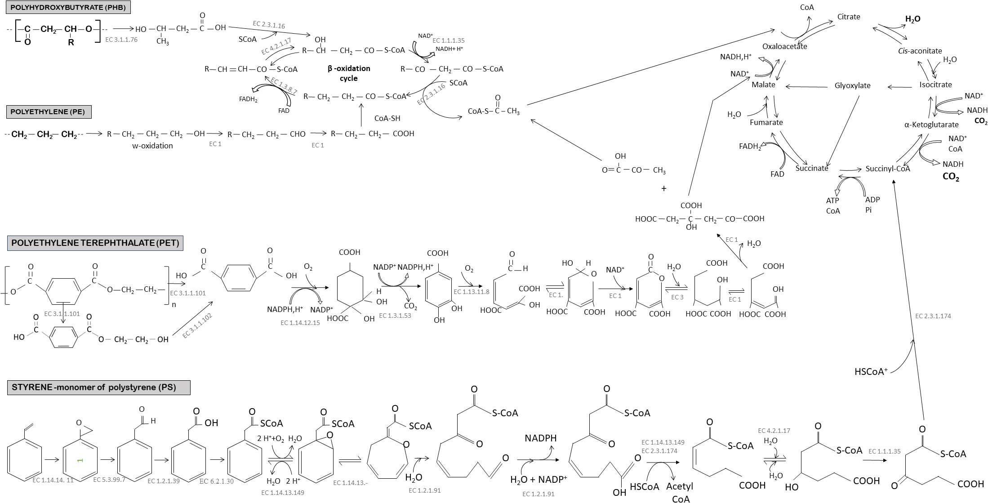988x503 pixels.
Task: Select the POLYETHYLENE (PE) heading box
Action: point(49,111)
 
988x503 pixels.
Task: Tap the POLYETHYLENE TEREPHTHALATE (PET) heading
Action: point(95,243)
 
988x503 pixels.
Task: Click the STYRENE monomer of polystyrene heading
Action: point(98,387)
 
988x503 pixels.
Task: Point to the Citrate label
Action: point(849,17)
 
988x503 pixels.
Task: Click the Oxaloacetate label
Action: point(785,46)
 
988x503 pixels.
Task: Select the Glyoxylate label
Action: point(853,85)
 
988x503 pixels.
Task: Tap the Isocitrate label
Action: point(935,85)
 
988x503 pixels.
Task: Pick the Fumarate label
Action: point(766,122)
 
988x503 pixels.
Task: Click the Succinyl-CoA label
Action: point(888,169)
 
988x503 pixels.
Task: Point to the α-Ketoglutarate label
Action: point(931,125)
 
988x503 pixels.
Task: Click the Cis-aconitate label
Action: point(919,51)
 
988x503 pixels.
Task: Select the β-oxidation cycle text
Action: point(349,73)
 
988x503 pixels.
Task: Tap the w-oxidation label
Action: point(152,146)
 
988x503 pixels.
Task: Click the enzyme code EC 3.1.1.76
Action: point(121,40)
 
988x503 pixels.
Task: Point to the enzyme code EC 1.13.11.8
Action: point(472,292)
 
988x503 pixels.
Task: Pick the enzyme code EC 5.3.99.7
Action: point(109,480)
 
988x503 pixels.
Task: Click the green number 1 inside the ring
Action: point(80,461)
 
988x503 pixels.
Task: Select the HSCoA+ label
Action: point(871,372)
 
